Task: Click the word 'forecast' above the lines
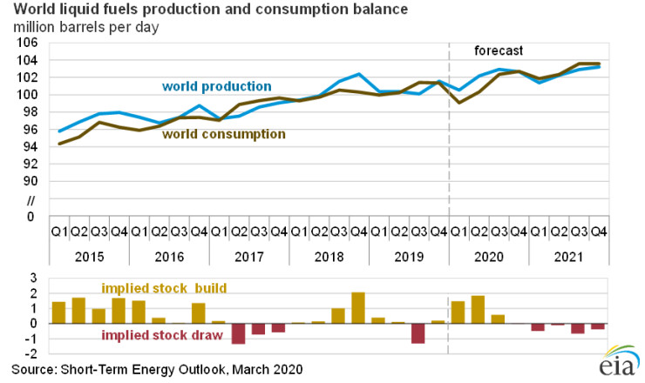498,50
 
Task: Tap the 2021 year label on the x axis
568,259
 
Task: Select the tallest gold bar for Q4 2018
357,307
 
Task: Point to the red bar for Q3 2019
418,333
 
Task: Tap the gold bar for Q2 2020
478,309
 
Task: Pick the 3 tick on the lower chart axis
33,277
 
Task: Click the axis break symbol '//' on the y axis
32,199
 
